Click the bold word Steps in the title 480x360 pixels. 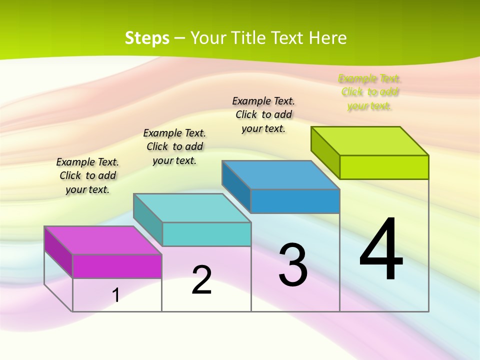[147, 38]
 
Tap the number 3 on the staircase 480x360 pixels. [293, 265]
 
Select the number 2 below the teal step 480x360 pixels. [202, 280]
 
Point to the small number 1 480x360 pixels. [116, 295]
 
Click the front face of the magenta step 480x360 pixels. [117, 266]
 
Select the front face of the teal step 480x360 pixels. [206, 234]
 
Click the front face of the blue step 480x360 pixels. [295, 201]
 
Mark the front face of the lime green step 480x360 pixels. [384, 167]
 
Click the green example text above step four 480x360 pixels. [369, 92]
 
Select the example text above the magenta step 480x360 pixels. [87, 175]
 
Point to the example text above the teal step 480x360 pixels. [174, 146]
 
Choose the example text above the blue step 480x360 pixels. [263, 114]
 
